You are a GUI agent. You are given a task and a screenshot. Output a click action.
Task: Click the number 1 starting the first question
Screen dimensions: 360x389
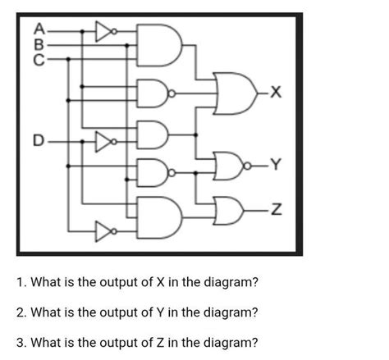(x=21, y=282)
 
